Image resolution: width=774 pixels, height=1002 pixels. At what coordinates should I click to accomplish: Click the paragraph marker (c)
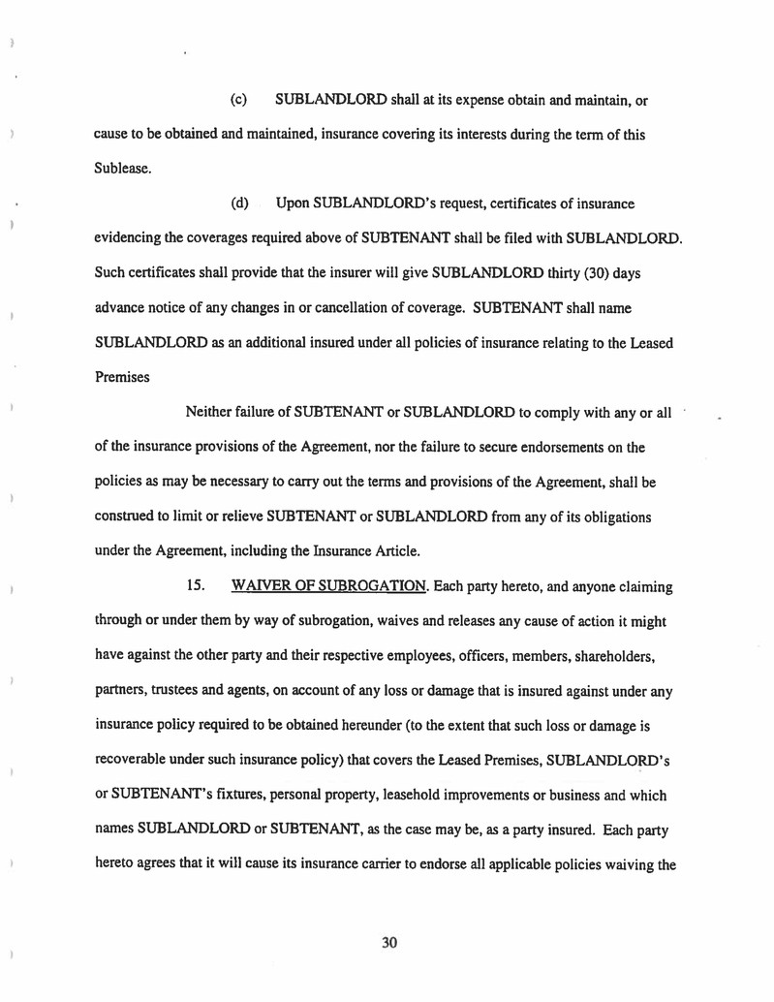(238, 100)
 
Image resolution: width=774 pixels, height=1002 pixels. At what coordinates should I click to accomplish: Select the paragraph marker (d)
(238, 204)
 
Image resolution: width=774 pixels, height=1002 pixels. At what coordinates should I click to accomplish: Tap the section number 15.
(195, 587)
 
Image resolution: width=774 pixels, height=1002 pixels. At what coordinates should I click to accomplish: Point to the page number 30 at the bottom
(390, 942)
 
